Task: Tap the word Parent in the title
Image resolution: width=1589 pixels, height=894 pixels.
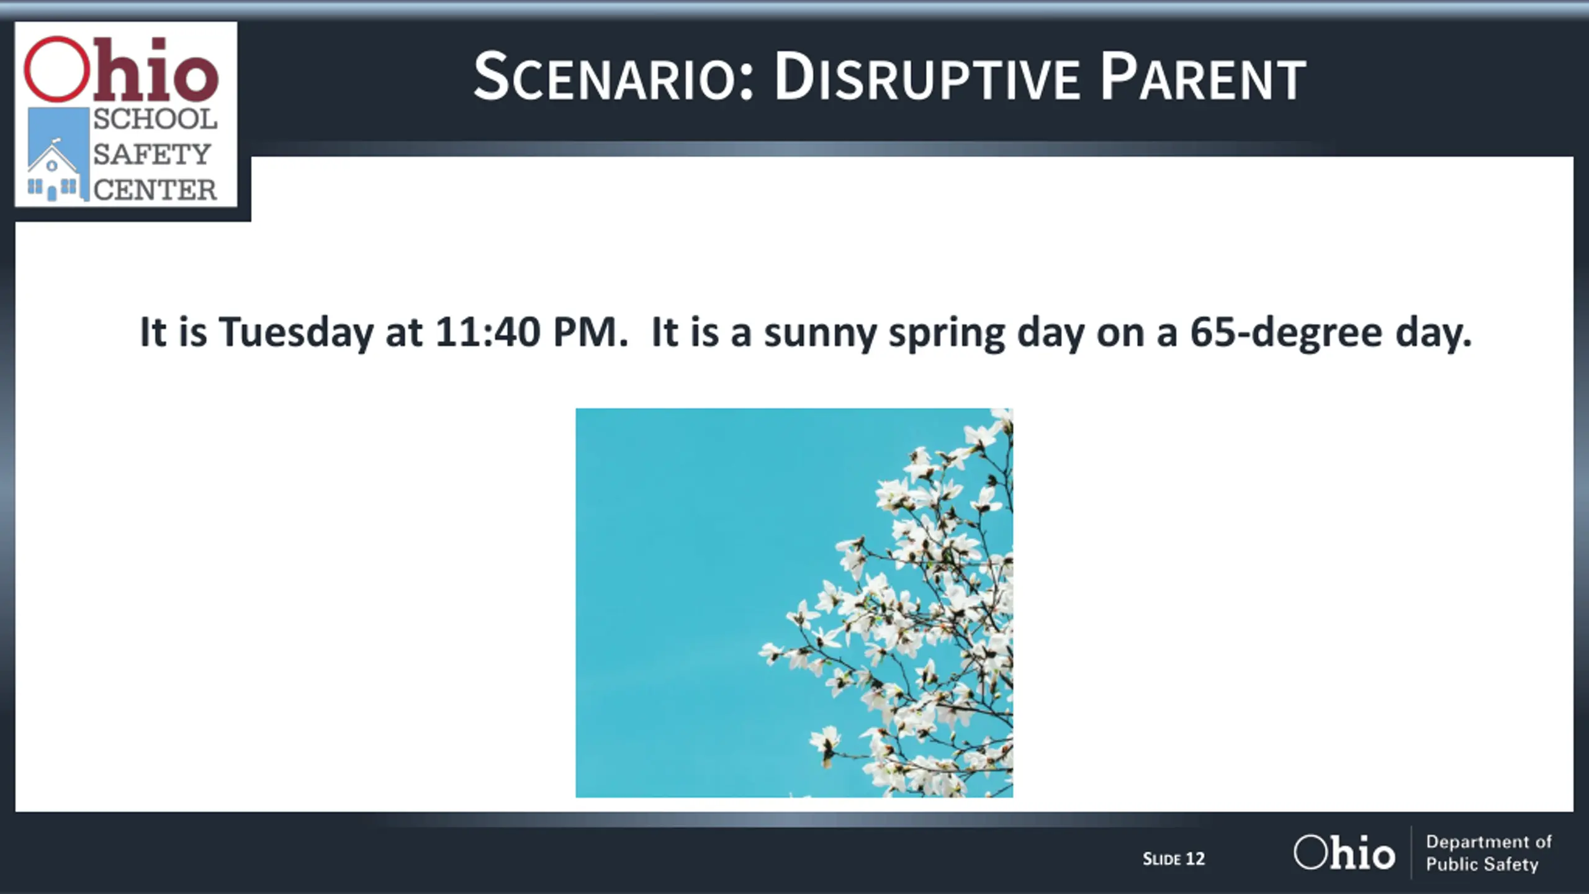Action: coord(1203,76)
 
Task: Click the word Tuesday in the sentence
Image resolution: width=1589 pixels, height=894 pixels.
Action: coord(296,333)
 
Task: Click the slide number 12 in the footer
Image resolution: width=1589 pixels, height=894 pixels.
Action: coord(1195,859)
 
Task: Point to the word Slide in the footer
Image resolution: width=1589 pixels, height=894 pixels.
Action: coord(1161,859)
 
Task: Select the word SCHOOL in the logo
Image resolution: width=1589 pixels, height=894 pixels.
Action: coord(155,119)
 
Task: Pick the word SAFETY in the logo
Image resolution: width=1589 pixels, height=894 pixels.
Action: coord(152,154)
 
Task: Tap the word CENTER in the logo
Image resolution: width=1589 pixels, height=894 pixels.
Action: coord(155,189)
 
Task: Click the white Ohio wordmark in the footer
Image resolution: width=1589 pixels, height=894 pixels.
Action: coord(1344,852)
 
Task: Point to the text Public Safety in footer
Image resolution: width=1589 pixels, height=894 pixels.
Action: coord(1482,864)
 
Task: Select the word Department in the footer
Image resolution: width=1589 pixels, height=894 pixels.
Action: coord(1469,842)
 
